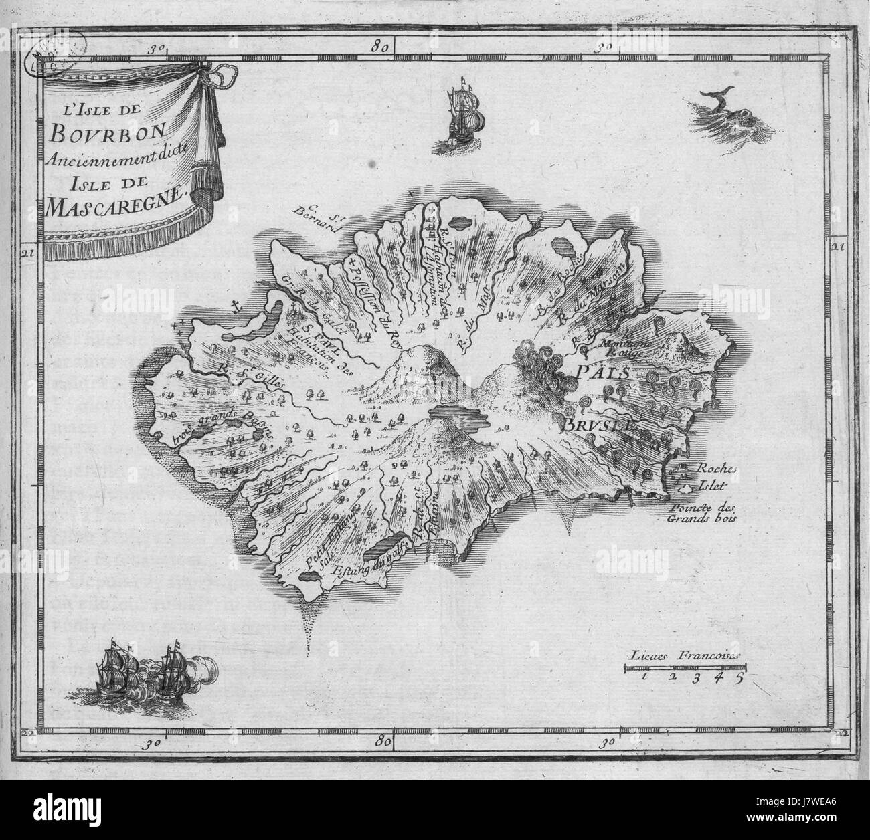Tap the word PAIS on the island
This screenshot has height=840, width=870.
point(589,372)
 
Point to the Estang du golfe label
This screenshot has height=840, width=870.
point(358,557)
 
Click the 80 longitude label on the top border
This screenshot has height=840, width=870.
point(383,47)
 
